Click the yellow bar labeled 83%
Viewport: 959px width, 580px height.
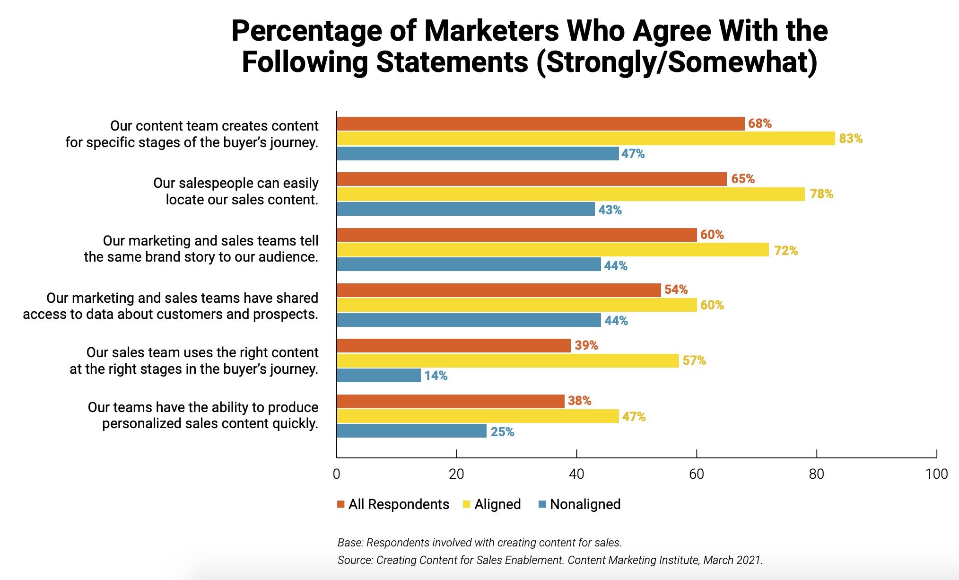[x=585, y=139]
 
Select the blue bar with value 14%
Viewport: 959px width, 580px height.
[x=379, y=376]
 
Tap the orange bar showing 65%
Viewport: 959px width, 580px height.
[x=532, y=179]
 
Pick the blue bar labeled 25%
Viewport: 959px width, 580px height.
[x=411, y=431]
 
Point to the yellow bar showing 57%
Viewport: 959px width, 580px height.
[x=507, y=360]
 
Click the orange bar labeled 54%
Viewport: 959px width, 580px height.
[x=498, y=290]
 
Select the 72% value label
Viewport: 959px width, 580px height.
[x=785, y=251]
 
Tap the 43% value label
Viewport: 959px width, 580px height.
[x=610, y=210]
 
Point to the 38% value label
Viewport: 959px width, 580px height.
[x=579, y=401]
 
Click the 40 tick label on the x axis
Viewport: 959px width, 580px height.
[x=576, y=474]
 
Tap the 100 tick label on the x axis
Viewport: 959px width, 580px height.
[x=936, y=474]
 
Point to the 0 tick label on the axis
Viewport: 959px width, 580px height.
[x=337, y=474]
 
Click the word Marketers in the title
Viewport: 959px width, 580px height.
[x=492, y=31]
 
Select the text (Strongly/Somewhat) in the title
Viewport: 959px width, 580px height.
[x=677, y=62]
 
